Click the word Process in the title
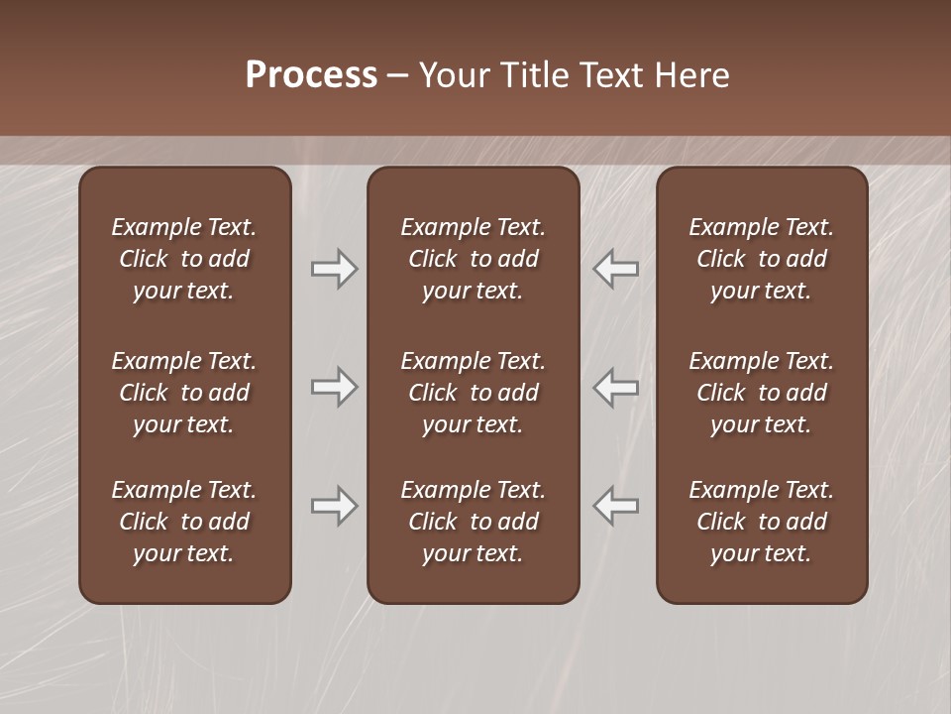click(311, 75)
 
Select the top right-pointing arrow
click(334, 269)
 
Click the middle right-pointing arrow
click(334, 387)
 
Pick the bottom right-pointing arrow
click(334, 506)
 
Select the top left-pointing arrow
click(615, 269)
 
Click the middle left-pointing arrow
click(615, 387)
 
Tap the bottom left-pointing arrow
click(615, 506)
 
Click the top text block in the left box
click(184, 259)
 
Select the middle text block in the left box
click(184, 393)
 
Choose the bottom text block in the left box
click(184, 522)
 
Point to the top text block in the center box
click(473, 259)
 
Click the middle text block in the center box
click(473, 393)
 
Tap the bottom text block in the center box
click(473, 522)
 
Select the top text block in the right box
click(761, 259)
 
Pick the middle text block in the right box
click(761, 393)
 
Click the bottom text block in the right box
click(761, 522)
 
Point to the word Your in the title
click(453, 75)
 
